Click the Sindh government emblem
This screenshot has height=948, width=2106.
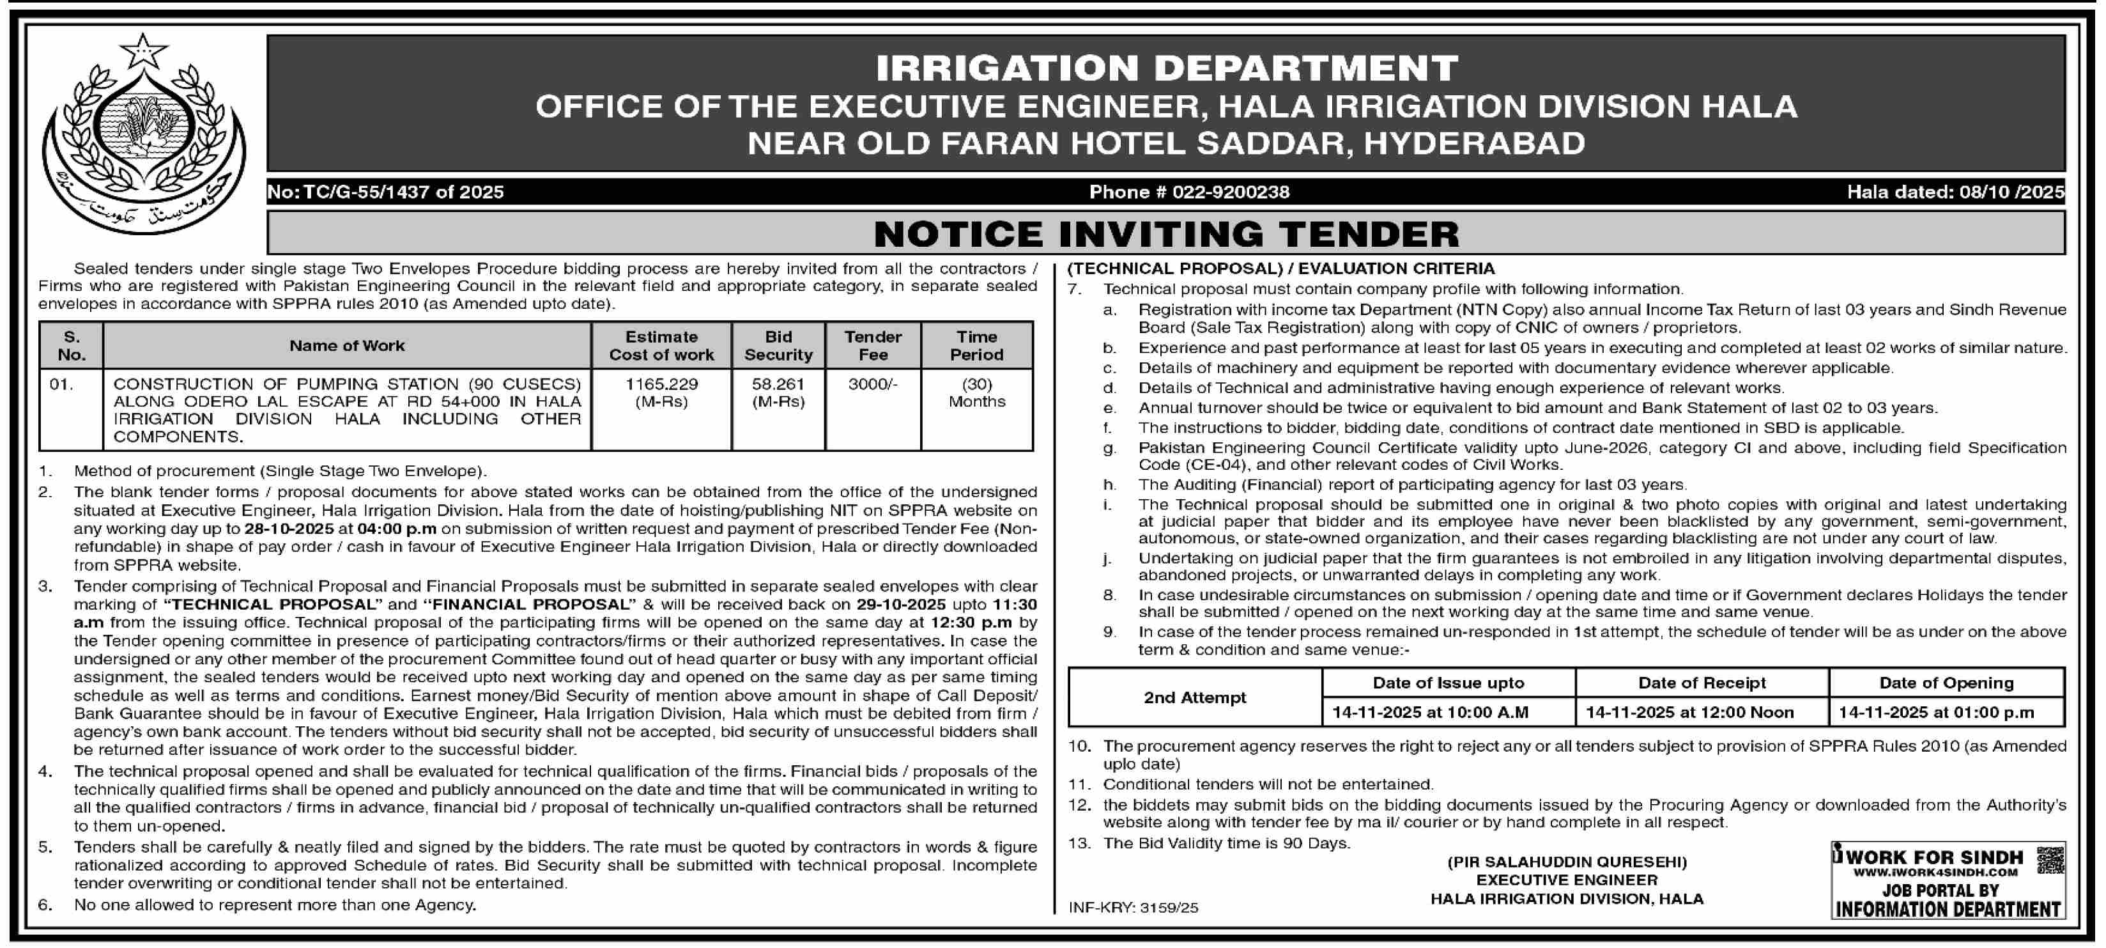[x=144, y=135]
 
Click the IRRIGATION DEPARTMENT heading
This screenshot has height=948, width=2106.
[x=1167, y=68]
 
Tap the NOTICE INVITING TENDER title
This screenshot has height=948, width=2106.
[x=1166, y=235]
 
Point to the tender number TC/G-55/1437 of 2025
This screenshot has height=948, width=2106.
[x=385, y=192]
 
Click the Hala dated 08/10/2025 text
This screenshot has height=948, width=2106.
[x=1952, y=192]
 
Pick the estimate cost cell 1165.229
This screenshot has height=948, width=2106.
[x=661, y=384]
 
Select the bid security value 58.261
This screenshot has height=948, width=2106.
[x=778, y=384]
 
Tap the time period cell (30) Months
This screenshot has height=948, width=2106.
[x=976, y=392]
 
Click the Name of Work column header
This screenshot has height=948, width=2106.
[x=347, y=346]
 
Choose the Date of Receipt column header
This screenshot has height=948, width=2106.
[x=1702, y=683]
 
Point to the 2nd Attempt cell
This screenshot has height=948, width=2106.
[x=1194, y=697]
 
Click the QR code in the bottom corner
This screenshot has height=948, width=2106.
[x=2050, y=860]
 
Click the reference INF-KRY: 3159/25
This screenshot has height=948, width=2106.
[x=1133, y=908]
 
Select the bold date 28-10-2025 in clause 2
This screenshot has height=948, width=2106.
[x=289, y=529]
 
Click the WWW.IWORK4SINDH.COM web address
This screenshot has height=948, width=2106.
[x=1935, y=873]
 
